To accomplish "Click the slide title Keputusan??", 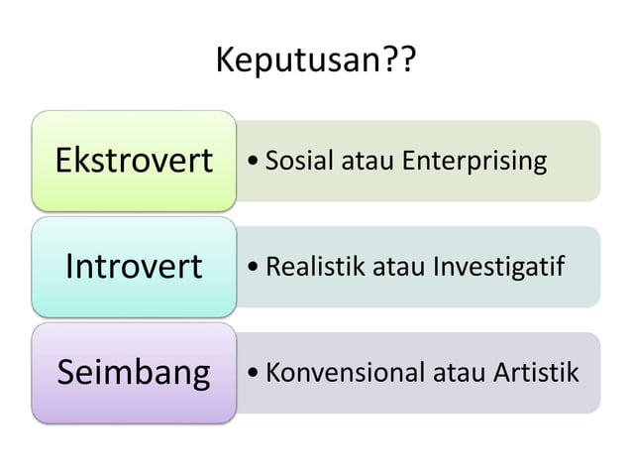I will [315, 64].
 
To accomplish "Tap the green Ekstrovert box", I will [134, 161].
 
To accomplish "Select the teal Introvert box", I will [134, 267].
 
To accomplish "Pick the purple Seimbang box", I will [134, 373].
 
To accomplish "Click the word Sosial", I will [303, 161].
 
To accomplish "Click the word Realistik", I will [315, 267].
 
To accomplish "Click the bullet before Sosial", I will [257, 162].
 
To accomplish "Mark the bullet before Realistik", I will [257, 268].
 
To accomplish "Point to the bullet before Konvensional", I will [257, 374].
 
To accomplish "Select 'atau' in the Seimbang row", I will [455, 373].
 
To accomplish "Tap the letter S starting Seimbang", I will [66, 373].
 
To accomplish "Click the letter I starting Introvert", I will [70, 267].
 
